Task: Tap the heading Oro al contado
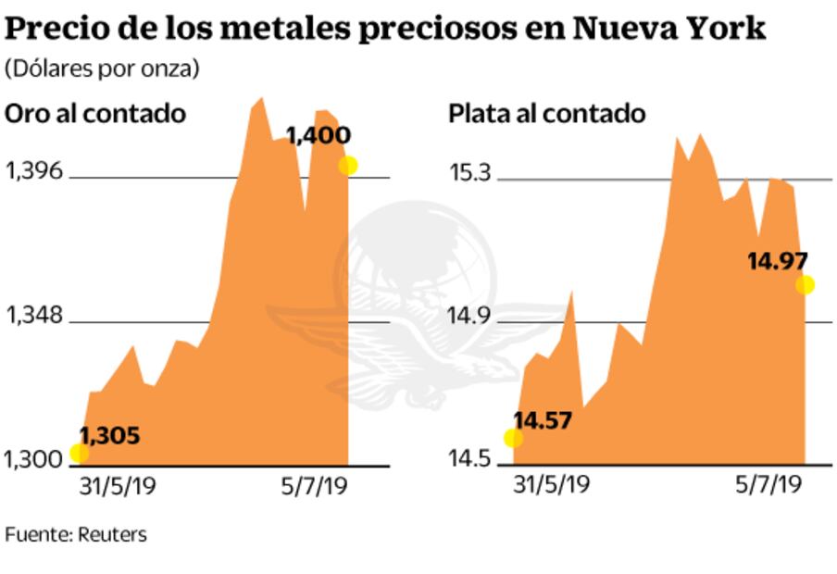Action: [96, 114]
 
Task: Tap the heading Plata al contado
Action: [546, 114]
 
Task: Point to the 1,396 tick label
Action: [34, 172]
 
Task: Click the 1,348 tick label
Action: [34, 317]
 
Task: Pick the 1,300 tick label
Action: [34, 458]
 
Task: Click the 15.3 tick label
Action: [470, 172]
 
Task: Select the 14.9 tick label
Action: [470, 318]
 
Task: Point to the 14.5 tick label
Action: [470, 458]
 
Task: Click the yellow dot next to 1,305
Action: [79, 453]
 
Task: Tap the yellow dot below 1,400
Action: [347, 166]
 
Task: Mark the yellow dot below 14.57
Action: [513, 438]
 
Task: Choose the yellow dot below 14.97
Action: [805, 285]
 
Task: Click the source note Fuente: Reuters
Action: [76, 534]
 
